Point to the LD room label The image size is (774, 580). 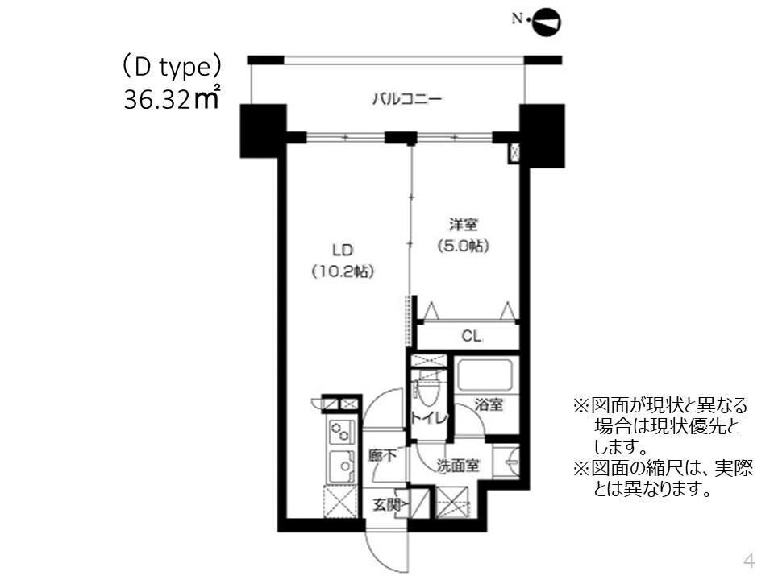342,248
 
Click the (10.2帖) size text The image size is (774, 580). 342,271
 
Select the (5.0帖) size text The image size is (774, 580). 462,246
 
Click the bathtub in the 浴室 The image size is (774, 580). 485,376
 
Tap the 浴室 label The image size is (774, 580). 488,405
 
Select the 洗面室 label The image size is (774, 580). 459,466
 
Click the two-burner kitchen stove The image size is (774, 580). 341,433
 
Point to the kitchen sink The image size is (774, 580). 341,466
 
